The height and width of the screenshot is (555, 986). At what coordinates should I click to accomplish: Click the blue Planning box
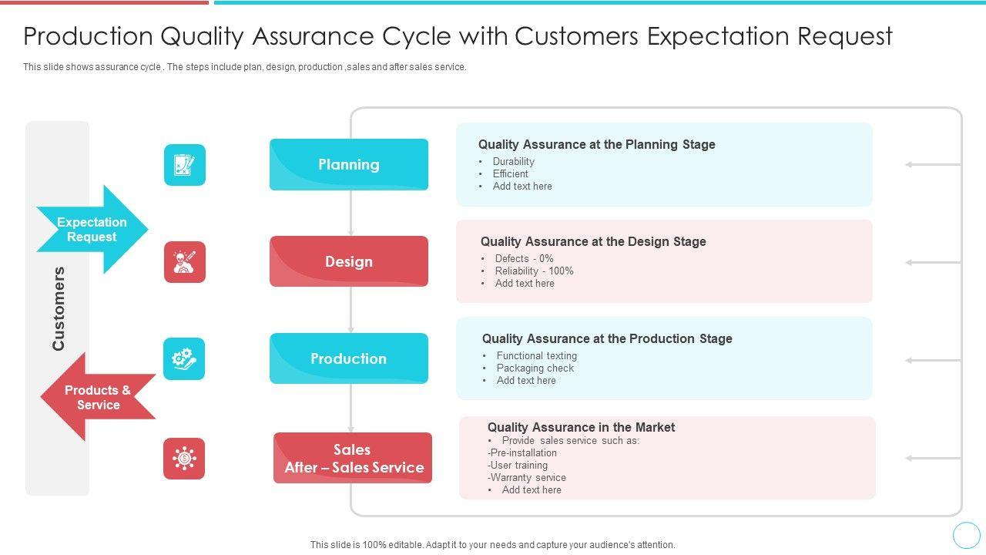coord(348,164)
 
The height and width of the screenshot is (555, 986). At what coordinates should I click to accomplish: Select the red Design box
coord(348,261)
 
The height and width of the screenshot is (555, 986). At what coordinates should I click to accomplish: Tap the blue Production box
coord(348,358)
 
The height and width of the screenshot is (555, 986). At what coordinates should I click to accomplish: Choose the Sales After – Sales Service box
coord(353,458)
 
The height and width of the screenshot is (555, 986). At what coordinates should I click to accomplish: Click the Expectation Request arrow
coord(92,230)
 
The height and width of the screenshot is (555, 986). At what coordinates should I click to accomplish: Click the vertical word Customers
coord(59,308)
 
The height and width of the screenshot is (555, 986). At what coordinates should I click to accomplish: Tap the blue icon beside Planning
coord(185,165)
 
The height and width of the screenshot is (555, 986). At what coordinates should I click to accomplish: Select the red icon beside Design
coord(185,262)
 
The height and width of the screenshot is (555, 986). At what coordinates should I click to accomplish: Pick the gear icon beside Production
coord(184,358)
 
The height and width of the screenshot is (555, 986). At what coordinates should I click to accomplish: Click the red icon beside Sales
coord(184,459)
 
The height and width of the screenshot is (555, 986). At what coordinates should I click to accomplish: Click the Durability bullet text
coord(513,162)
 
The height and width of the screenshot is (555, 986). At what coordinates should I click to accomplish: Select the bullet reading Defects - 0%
coord(524,259)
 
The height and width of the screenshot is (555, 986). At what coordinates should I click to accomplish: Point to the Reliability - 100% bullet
coord(534,271)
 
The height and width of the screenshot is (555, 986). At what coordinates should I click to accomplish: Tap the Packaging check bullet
coord(535,368)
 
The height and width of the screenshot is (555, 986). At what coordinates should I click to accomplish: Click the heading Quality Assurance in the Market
coord(581,428)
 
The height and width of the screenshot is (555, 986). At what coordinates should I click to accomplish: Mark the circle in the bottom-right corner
coord(966,535)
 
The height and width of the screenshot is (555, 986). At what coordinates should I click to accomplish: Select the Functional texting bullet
coord(536,356)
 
